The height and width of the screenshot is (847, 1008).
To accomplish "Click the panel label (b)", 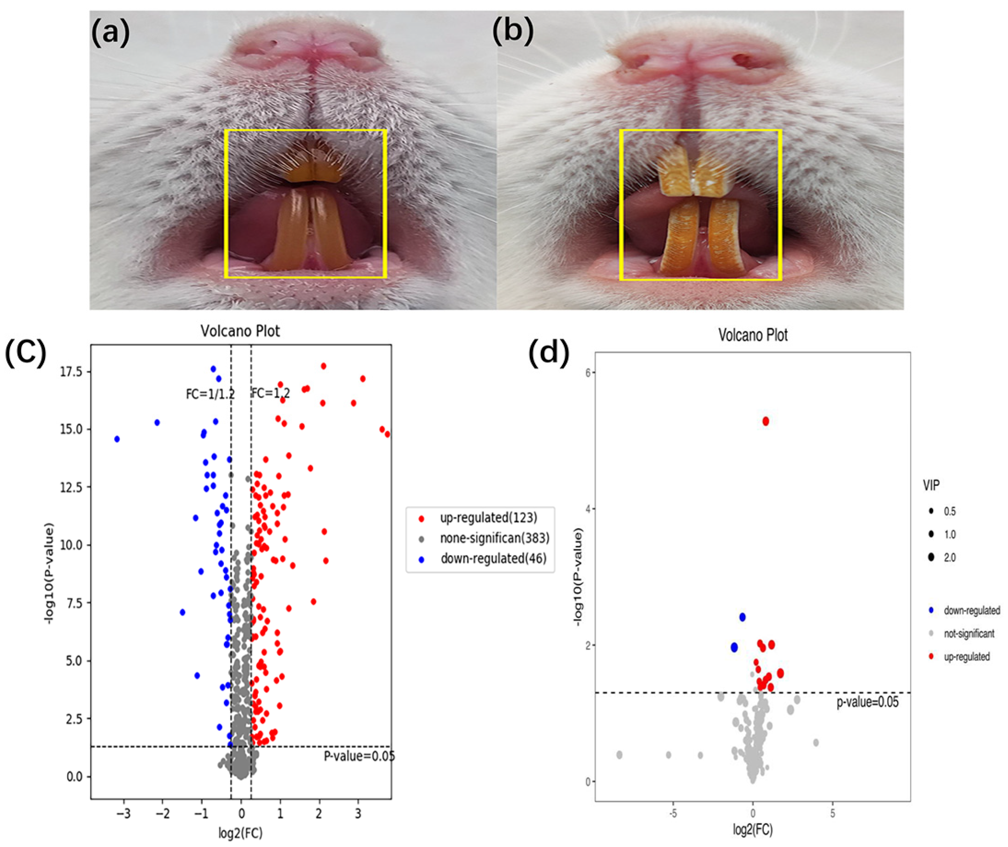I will pyautogui.click(x=513, y=33).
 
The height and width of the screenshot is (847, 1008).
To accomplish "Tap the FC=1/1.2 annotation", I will pyautogui.click(x=210, y=394).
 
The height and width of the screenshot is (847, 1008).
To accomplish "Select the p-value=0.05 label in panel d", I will pyautogui.click(x=867, y=702).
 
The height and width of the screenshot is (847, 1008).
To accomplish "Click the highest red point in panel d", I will pyautogui.click(x=766, y=421).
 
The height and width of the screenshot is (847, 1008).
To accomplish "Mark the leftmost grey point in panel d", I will pyautogui.click(x=619, y=755).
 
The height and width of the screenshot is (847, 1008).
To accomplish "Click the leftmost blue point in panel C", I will pyautogui.click(x=117, y=439).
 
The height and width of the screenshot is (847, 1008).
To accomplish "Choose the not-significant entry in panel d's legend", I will pyautogui.click(x=969, y=634).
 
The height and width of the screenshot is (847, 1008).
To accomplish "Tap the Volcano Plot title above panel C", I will pyautogui.click(x=240, y=331).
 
